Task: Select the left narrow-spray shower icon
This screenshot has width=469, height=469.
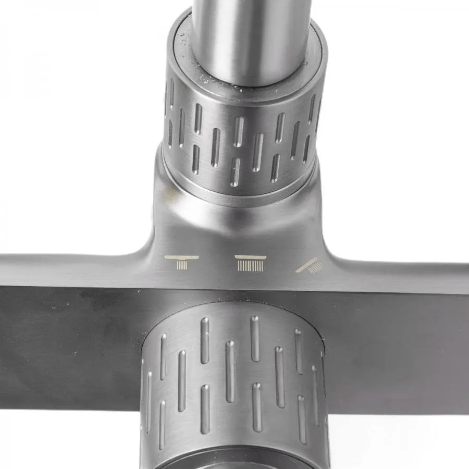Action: point(181,262)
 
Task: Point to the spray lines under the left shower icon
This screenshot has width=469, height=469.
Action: point(181,265)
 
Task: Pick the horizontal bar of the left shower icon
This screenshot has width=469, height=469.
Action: point(181,257)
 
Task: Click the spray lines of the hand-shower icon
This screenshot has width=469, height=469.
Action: point(315,267)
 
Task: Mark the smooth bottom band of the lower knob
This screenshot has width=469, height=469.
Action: point(234,456)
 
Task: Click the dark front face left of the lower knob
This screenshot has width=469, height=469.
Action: point(68,344)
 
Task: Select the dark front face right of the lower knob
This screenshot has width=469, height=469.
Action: point(401,349)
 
